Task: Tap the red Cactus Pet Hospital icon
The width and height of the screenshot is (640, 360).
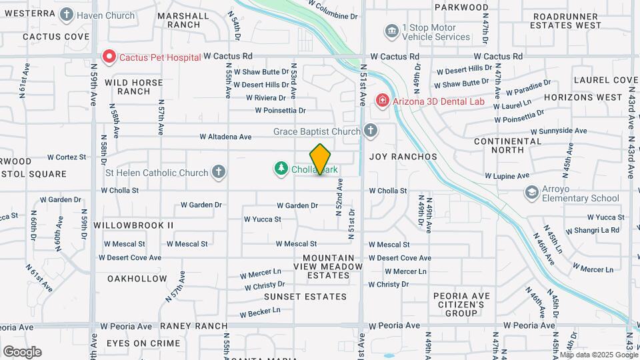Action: point(108,57)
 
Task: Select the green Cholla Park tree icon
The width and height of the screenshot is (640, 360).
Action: point(281,169)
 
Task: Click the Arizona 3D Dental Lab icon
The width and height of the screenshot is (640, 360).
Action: point(382,101)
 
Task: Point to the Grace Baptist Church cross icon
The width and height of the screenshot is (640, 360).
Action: point(370,131)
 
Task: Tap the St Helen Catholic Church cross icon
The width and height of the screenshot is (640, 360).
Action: point(218,173)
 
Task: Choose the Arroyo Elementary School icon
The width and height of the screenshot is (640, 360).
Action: point(531,193)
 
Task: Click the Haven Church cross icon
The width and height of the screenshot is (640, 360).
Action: point(66,14)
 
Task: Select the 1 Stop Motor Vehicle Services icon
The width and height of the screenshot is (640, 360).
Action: point(391,31)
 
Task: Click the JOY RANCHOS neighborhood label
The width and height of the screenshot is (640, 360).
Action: point(403,157)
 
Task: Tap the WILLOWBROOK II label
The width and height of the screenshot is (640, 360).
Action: point(133,225)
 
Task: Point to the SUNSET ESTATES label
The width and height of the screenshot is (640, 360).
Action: point(296,296)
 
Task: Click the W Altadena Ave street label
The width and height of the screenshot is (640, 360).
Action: point(225,137)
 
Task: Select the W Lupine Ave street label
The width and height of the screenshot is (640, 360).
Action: point(507,176)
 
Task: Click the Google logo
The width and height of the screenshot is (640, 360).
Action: point(22,351)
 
